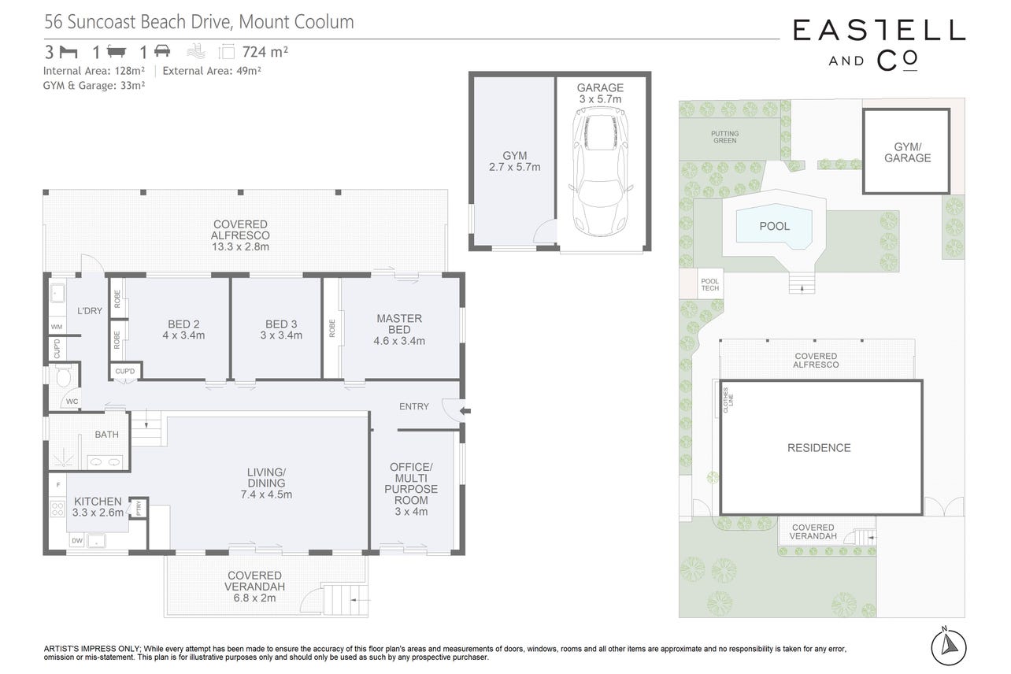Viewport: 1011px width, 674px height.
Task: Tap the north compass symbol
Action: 948,646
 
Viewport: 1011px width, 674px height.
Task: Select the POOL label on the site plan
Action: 774,226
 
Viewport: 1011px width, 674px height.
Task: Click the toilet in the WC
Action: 64,376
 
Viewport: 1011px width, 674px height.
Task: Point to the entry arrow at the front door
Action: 465,411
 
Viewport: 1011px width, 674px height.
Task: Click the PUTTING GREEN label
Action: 724,137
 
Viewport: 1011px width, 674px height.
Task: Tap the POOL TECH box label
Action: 710,284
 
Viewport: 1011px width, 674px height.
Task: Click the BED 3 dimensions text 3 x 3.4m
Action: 281,335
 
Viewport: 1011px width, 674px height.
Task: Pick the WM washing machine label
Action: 57,327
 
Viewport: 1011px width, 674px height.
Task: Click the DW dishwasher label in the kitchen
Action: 77,540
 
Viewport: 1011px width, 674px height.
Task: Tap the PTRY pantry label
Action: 139,507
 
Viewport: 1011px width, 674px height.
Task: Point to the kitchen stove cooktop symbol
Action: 57,509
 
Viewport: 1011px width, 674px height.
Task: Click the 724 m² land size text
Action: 265,52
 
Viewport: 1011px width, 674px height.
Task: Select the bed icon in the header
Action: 69,52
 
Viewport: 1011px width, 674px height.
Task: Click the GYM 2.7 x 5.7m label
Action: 514,161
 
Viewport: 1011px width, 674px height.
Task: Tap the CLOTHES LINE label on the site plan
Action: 728,400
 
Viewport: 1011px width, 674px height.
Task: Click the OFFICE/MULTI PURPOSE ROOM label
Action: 411,489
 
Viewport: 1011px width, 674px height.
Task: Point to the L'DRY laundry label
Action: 90,310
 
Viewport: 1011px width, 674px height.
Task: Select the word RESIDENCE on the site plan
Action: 819,448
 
